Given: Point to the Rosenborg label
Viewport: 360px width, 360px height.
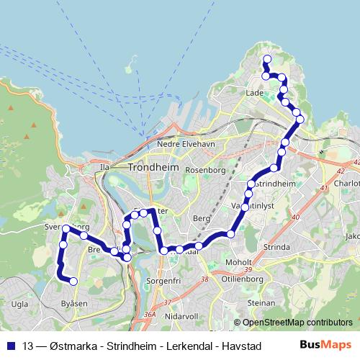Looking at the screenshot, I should [x=206, y=170].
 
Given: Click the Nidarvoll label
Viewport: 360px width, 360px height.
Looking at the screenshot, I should [x=180, y=316].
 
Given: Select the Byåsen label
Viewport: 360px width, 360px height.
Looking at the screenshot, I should [x=74, y=304].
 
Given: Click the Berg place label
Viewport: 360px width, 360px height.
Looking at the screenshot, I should [x=202, y=217].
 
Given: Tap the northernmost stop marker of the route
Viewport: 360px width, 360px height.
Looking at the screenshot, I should [x=266, y=59].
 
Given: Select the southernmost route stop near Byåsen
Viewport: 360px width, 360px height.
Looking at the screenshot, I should [x=73, y=281].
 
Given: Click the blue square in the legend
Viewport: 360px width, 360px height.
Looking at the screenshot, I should [x=11, y=345].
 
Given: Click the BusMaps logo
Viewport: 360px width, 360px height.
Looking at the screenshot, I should [x=325, y=345].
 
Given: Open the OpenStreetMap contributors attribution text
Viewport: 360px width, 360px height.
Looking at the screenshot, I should [x=295, y=322].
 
